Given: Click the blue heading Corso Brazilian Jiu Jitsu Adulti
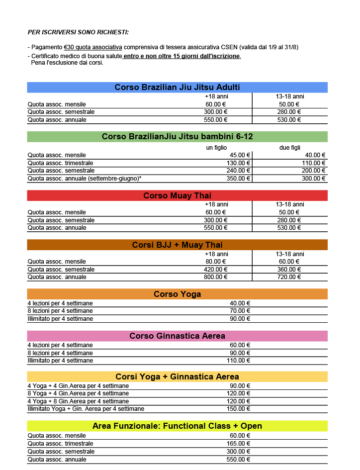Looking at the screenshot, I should [x=177, y=88].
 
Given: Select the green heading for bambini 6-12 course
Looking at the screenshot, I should [x=177, y=137].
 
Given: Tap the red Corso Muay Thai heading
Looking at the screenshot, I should [x=177, y=195].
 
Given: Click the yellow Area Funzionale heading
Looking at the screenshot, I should [x=177, y=426].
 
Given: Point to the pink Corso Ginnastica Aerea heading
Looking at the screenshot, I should [x=177, y=336].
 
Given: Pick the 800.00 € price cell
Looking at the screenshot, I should [x=216, y=277].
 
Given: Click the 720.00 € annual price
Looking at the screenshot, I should [x=289, y=277].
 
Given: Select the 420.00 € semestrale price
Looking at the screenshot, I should [x=216, y=270].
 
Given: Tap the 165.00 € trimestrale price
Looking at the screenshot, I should [x=240, y=444].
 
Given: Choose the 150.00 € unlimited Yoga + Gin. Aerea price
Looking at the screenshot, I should [x=240, y=409].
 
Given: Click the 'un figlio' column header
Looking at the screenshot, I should [x=217, y=148].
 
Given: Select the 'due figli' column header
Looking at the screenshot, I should [x=289, y=148].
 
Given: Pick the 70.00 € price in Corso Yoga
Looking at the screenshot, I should [x=240, y=311].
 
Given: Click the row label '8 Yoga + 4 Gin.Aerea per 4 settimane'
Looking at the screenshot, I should [x=78, y=393].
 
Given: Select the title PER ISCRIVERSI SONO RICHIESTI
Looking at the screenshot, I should [x=78, y=32].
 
